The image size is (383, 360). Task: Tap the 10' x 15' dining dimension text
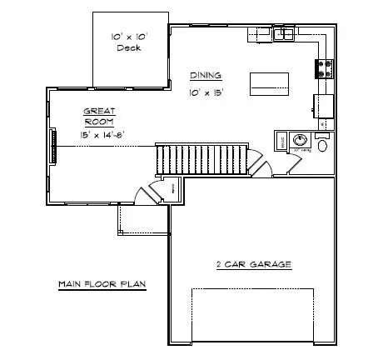click(206, 93)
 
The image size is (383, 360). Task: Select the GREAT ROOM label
click(100, 116)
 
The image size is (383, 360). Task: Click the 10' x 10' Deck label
click(128, 42)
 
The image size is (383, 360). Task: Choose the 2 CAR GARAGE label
click(253, 264)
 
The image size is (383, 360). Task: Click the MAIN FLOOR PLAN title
click(102, 284)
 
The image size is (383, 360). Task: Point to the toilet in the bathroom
click(322, 143)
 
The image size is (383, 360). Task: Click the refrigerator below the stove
click(323, 105)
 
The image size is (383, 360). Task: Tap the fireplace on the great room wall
click(54, 146)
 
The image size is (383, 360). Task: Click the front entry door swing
click(147, 193)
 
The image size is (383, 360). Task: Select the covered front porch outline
click(142, 218)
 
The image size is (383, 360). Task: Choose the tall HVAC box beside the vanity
click(282, 142)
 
